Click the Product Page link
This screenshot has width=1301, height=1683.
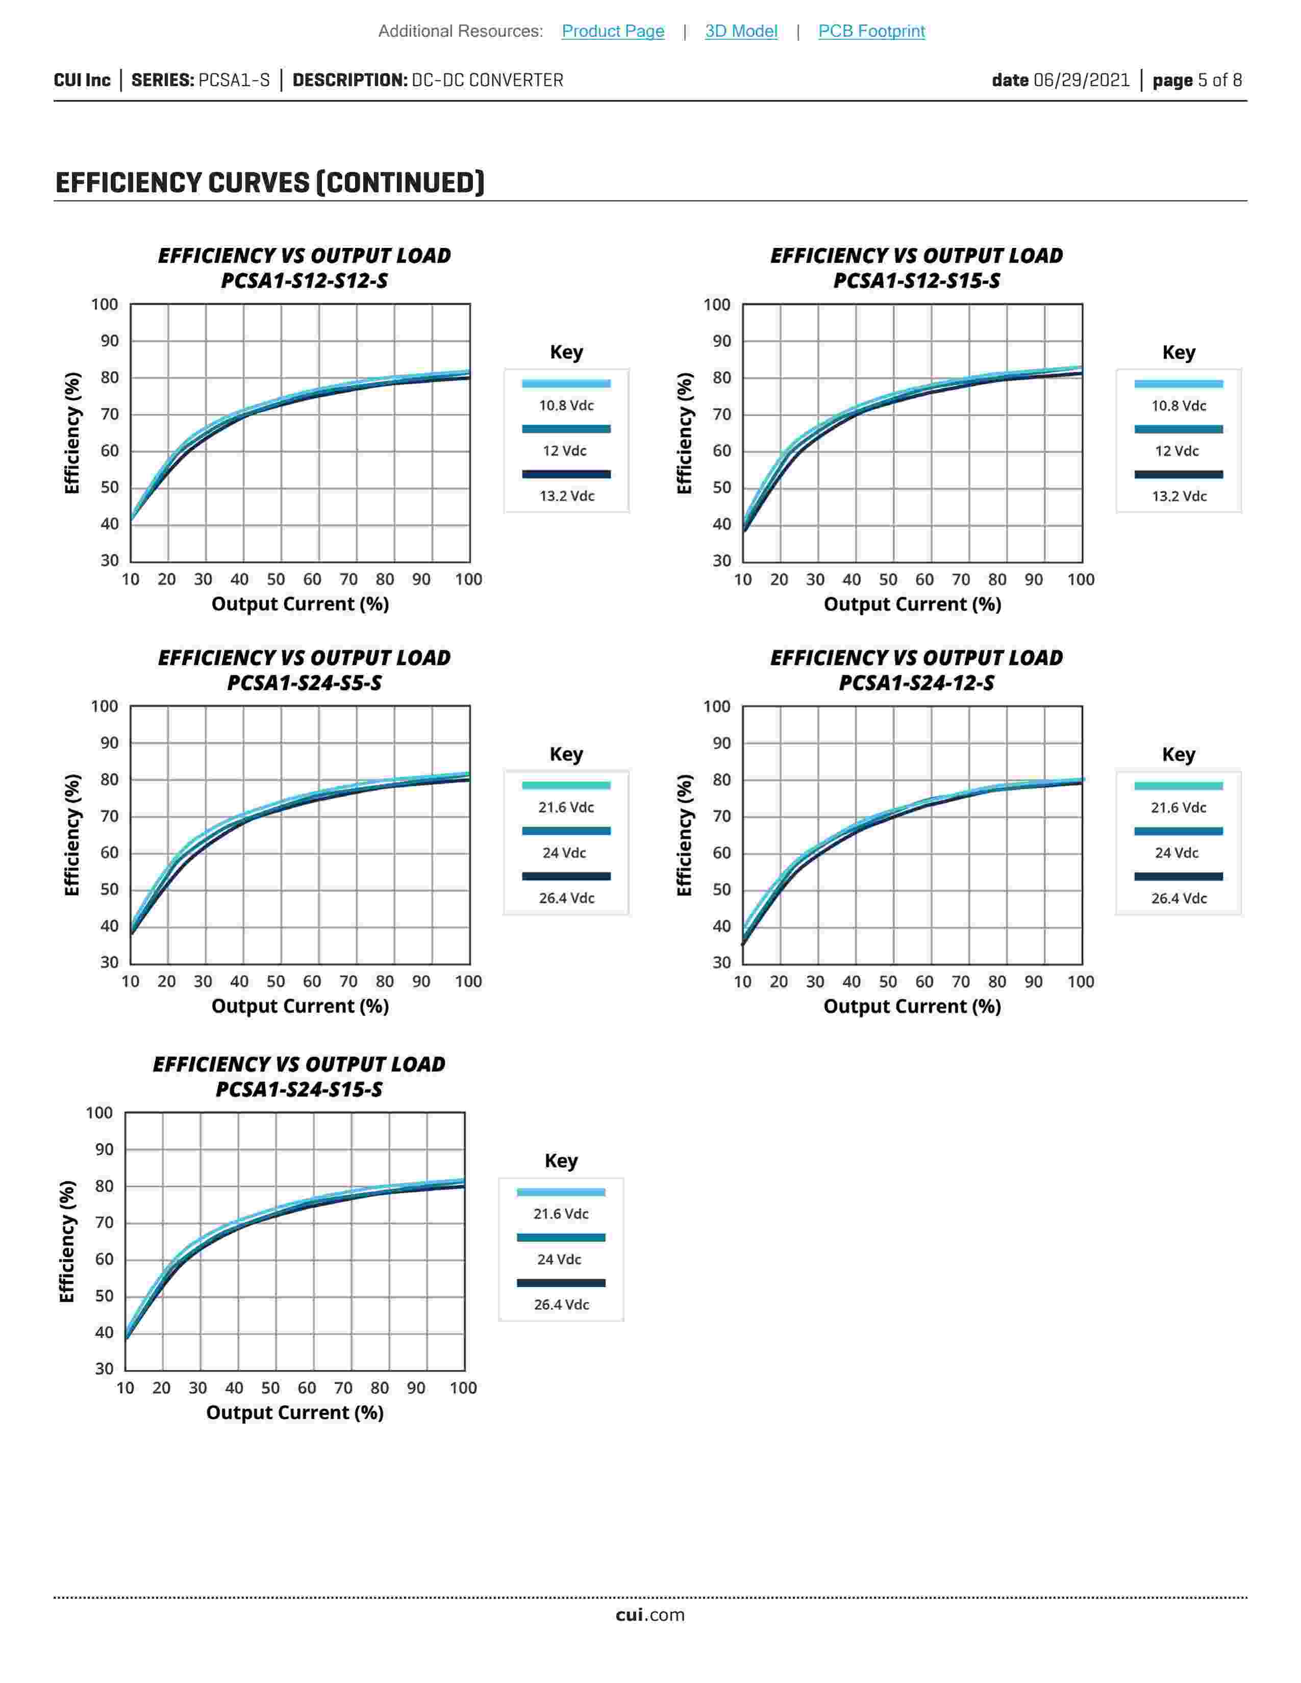click(x=613, y=31)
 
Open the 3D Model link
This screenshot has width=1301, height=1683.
click(x=741, y=31)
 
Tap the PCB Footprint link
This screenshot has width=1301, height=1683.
click(x=871, y=31)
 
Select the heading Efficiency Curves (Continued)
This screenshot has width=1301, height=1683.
click(x=270, y=183)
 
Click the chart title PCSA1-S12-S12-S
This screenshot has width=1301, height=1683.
click(x=305, y=280)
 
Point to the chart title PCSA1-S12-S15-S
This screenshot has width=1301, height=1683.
click(x=916, y=280)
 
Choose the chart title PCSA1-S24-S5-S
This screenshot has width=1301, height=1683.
click(x=305, y=683)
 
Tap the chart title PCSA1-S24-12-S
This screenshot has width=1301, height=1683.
click(x=916, y=683)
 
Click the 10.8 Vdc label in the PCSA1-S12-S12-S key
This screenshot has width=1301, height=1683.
click(x=566, y=405)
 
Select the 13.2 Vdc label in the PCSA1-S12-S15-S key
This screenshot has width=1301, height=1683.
click(x=1179, y=496)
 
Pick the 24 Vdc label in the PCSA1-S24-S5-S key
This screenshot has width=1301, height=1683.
click(x=564, y=853)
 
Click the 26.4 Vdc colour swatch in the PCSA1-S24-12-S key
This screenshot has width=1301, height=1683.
click(x=1179, y=876)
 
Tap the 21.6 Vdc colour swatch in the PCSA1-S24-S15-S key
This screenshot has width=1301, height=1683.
click(x=561, y=1192)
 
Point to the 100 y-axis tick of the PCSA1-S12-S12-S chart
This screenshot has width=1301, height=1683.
click(x=105, y=304)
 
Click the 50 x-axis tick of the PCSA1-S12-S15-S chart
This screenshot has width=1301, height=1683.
click(x=888, y=579)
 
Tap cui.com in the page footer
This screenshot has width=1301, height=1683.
click(x=649, y=1615)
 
